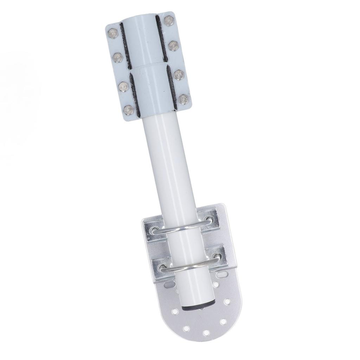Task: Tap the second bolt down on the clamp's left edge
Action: [118, 57]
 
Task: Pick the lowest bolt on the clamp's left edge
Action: [129, 110]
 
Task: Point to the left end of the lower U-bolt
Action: [163, 268]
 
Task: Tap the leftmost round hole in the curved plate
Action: [174, 311]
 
